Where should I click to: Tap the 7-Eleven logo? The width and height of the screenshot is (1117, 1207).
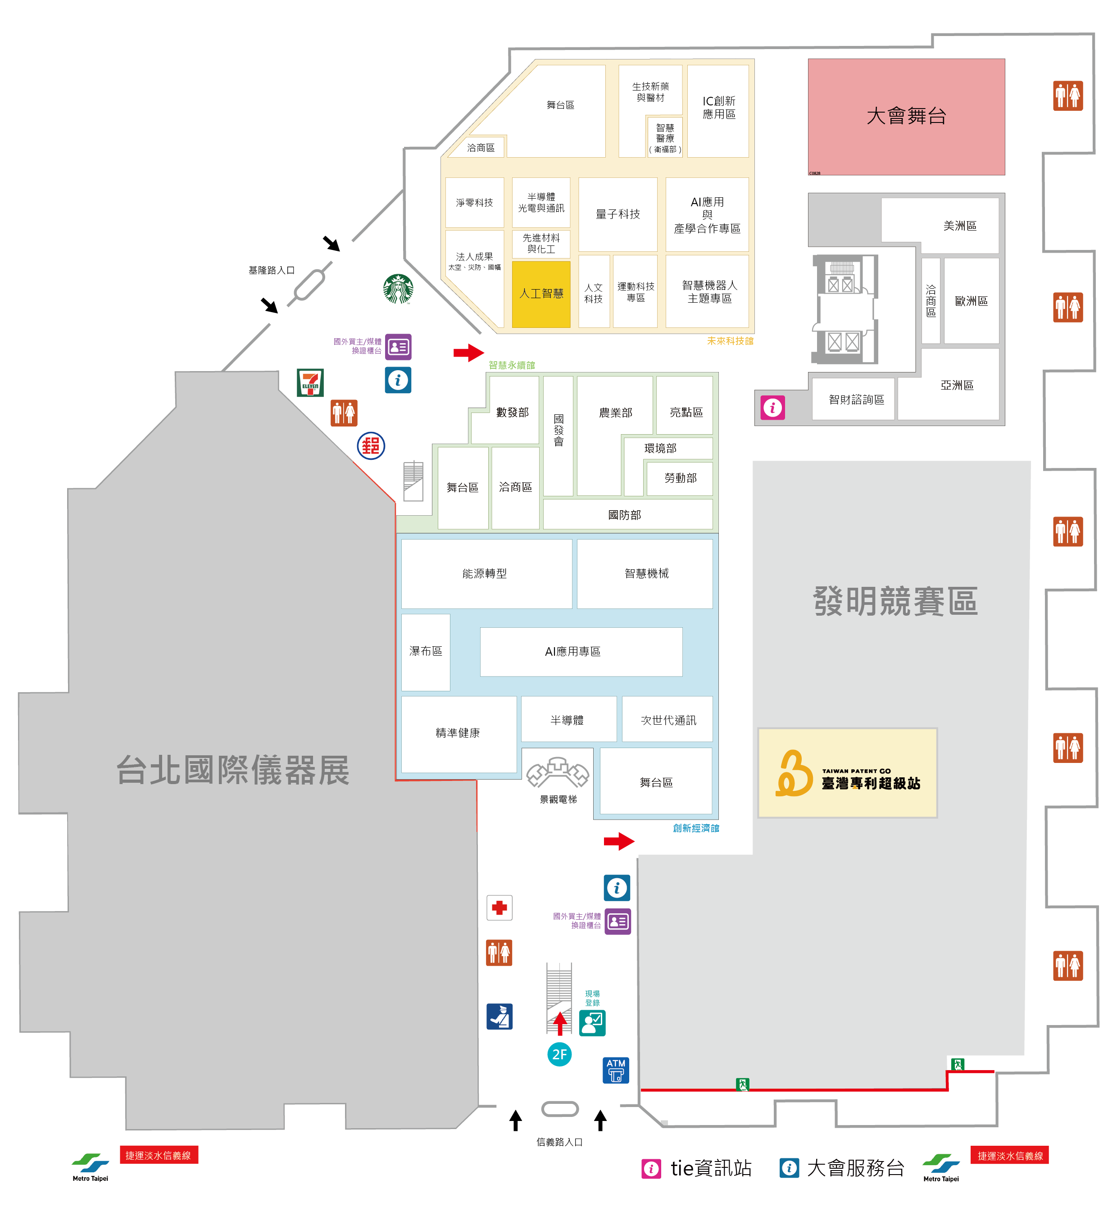click(310, 382)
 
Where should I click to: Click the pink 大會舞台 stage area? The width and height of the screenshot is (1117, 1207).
click(906, 117)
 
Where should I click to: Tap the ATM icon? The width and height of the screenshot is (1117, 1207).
click(616, 1070)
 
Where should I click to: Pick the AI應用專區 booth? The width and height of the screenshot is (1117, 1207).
click(581, 652)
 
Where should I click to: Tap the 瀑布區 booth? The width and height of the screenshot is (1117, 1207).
click(426, 652)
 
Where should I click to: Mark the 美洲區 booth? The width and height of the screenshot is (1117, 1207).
click(959, 226)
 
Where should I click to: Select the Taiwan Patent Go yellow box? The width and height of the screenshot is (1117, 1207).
click(847, 772)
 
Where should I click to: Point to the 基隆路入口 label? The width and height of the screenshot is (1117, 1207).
click(272, 270)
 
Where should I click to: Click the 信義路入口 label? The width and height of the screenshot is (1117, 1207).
click(559, 1142)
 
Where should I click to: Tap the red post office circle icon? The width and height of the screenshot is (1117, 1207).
click(371, 446)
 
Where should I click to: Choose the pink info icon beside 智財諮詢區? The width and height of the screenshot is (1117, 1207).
click(772, 408)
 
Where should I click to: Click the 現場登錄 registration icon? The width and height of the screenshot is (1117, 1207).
click(592, 1023)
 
